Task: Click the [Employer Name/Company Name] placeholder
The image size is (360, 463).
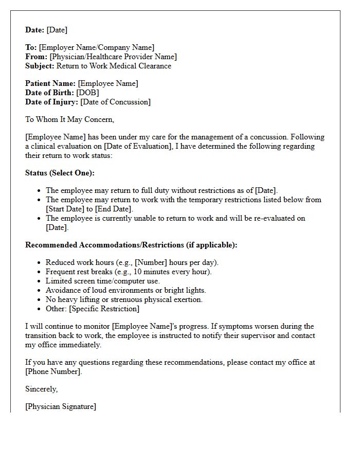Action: click(97, 47)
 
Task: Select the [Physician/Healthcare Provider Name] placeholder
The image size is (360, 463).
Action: click(113, 57)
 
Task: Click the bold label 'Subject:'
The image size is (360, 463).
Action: click(40, 66)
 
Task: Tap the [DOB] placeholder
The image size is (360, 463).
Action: click(87, 93)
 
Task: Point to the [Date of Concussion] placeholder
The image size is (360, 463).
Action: click(116, 102)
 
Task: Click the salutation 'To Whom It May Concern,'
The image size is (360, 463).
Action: click(70, 119)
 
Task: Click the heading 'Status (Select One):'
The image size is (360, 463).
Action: click(60, 173)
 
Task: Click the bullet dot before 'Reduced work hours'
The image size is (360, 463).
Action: click(39, 263)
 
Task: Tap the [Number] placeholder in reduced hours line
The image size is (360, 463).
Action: click(151, 262)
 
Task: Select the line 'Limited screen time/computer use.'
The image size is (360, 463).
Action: click(103, 281)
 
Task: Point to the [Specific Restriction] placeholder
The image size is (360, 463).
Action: click(104, 309)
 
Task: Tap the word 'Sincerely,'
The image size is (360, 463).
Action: click(42, 389)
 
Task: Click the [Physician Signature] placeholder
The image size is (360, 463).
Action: click(61, 406)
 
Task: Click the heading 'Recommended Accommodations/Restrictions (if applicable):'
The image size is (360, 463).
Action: click(131, 245)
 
